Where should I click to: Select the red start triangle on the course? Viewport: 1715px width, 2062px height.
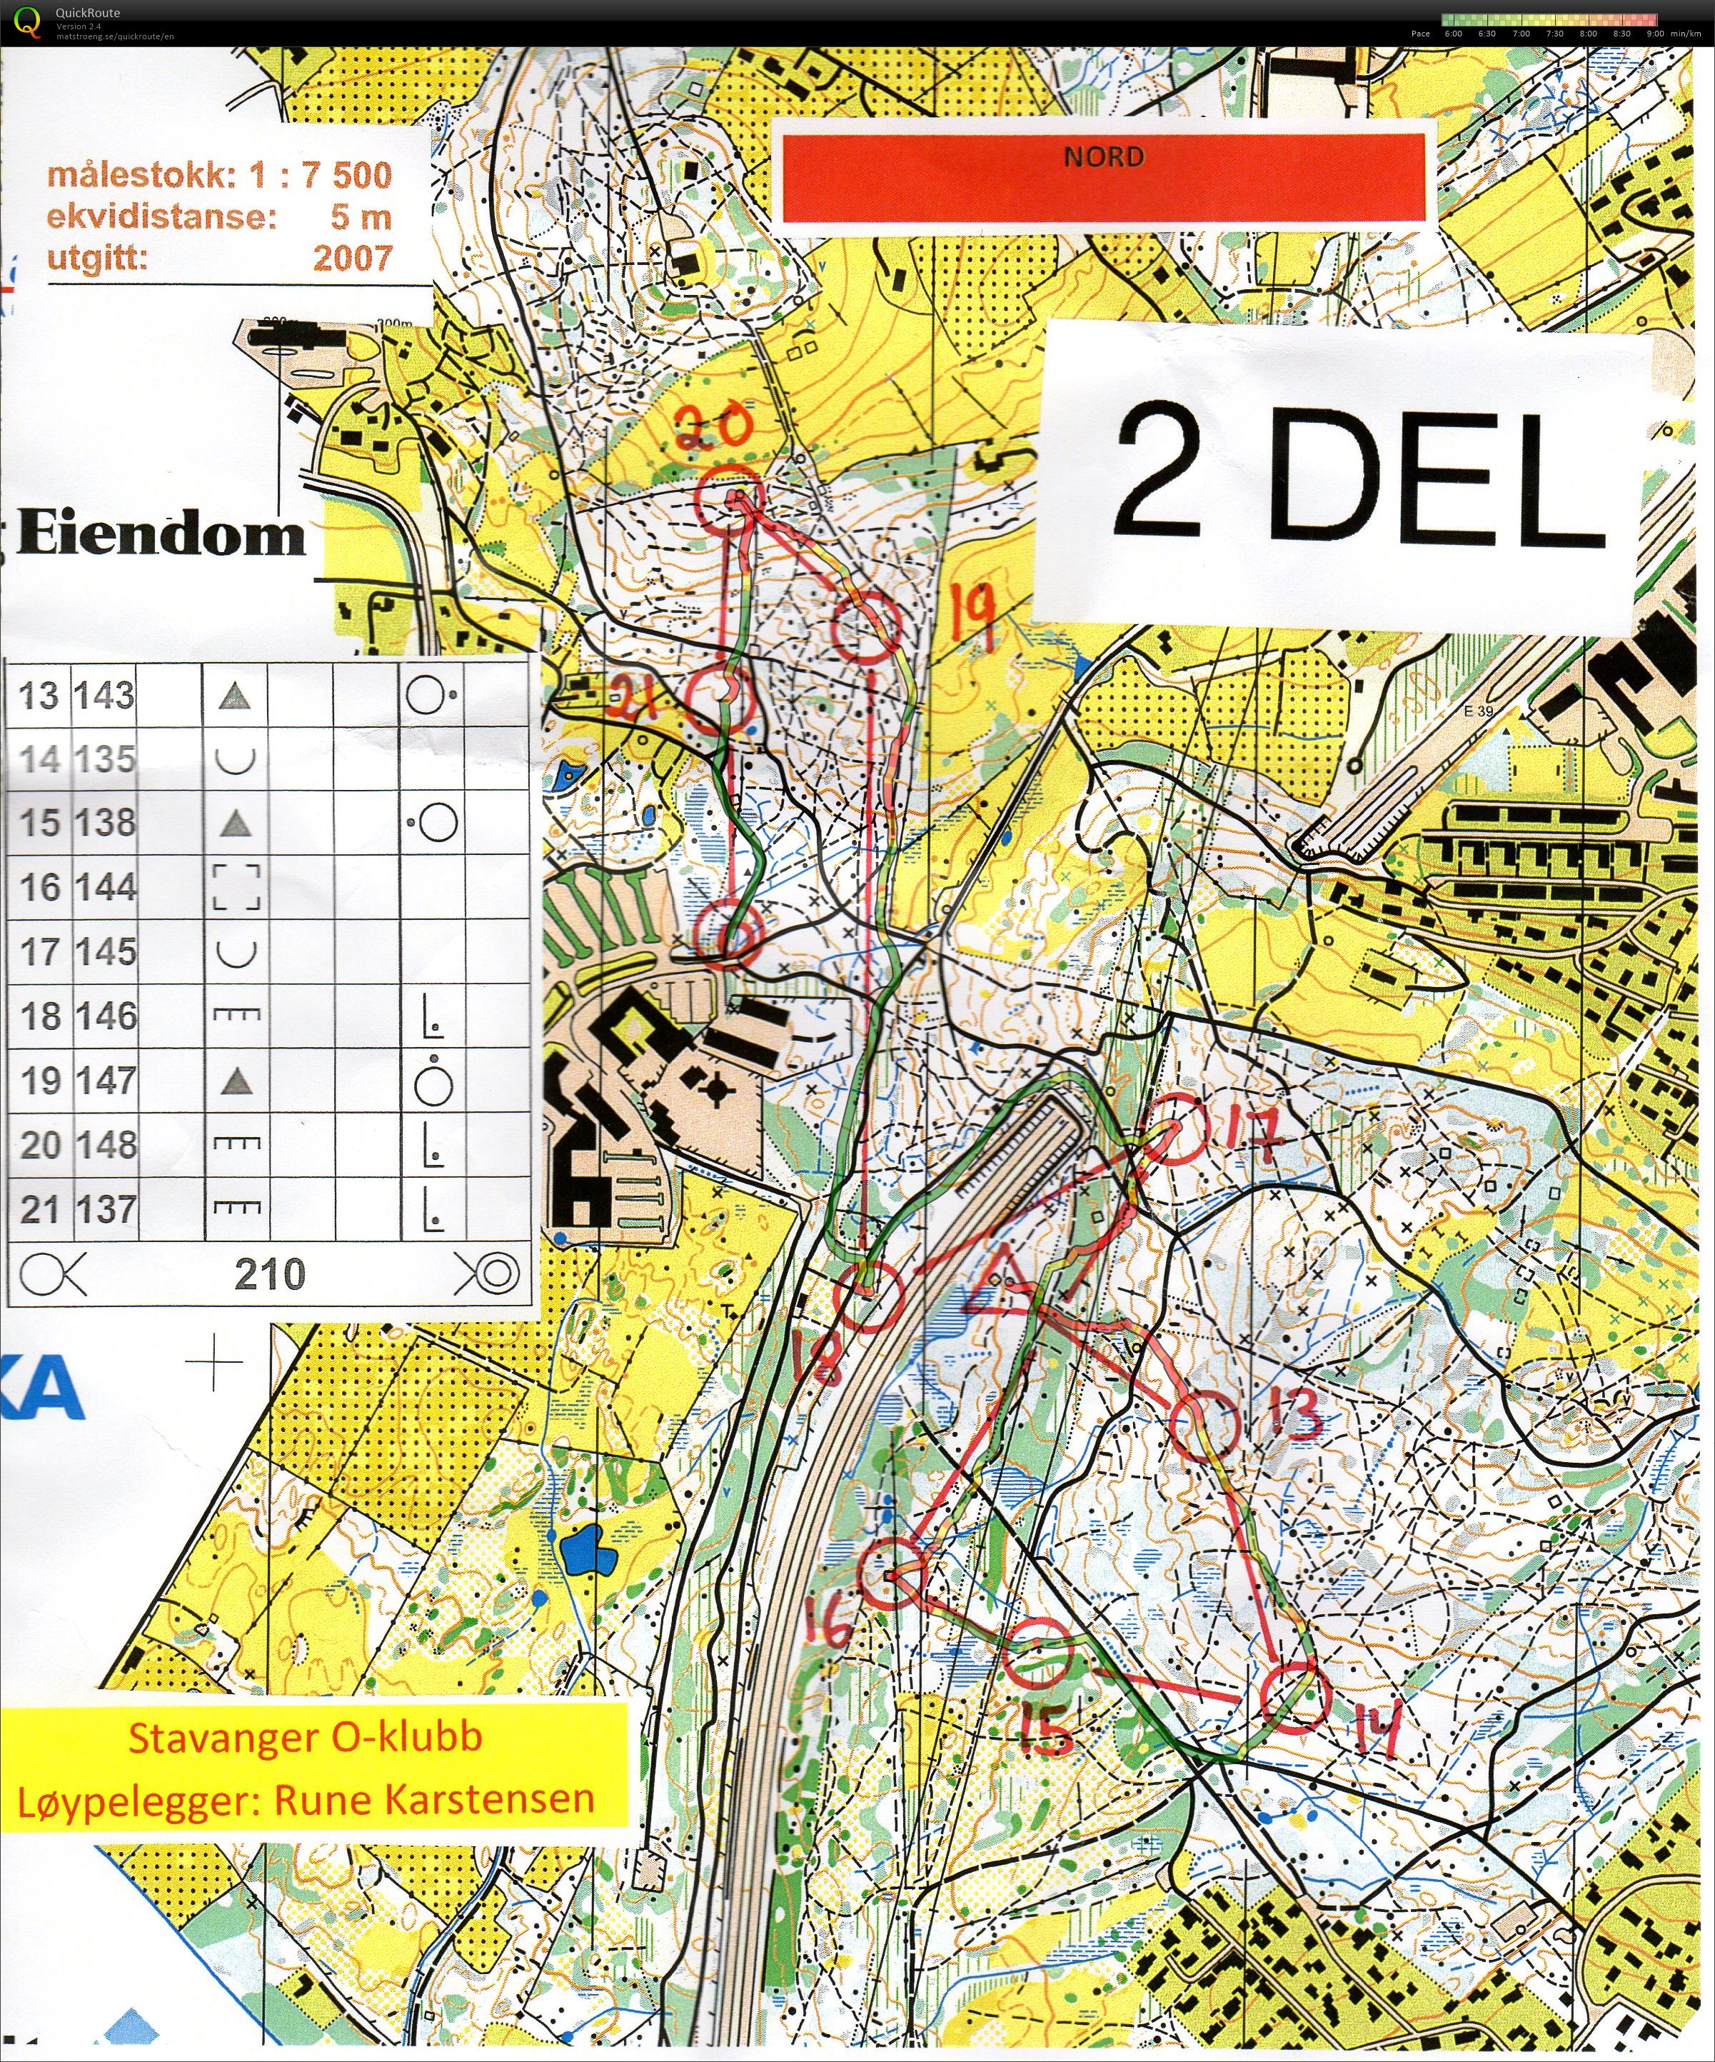(1000, 1286)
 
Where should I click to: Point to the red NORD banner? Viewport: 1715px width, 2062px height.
(1103, 171)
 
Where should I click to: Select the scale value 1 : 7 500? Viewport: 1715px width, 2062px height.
(320, 175)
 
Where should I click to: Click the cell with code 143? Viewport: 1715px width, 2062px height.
(104, 695)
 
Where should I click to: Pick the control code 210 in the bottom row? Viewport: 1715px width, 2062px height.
(270, 1274)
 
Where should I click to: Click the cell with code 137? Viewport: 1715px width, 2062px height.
(104, 1208)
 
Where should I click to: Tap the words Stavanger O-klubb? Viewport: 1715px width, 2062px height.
(306, 1737)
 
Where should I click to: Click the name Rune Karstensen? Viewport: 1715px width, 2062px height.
(434, 1798)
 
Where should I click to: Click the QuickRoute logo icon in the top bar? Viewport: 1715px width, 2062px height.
(29, 19)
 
